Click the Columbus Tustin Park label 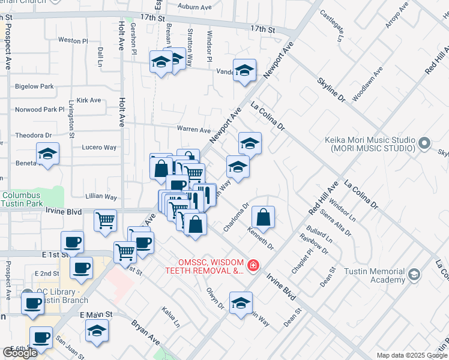(x=29, y=199)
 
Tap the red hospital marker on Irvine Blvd (x=253, y=265)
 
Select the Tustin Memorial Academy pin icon (x=414, y=275)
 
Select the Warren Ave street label (x=193, y=129)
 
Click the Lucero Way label (x=100, y=147)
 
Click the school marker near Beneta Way (x=48, y=154)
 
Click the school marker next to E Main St (x=96, y=331)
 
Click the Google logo (x=20, y=353)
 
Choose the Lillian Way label (x=100, y=196)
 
